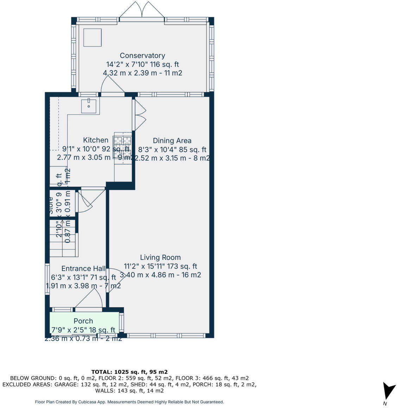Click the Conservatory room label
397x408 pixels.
point(142,56)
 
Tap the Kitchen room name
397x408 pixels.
point(95,140)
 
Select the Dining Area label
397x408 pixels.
point(172,141)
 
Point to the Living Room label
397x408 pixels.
point(160,257)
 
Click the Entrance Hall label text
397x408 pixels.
point(83,269)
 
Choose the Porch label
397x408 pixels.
point(83,321)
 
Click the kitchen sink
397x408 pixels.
point(89,106)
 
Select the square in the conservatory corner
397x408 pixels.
point(92,37)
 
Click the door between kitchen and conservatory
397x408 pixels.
point(112,86)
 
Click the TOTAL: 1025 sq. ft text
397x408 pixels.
point(129,372)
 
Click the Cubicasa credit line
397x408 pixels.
point(129,402)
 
